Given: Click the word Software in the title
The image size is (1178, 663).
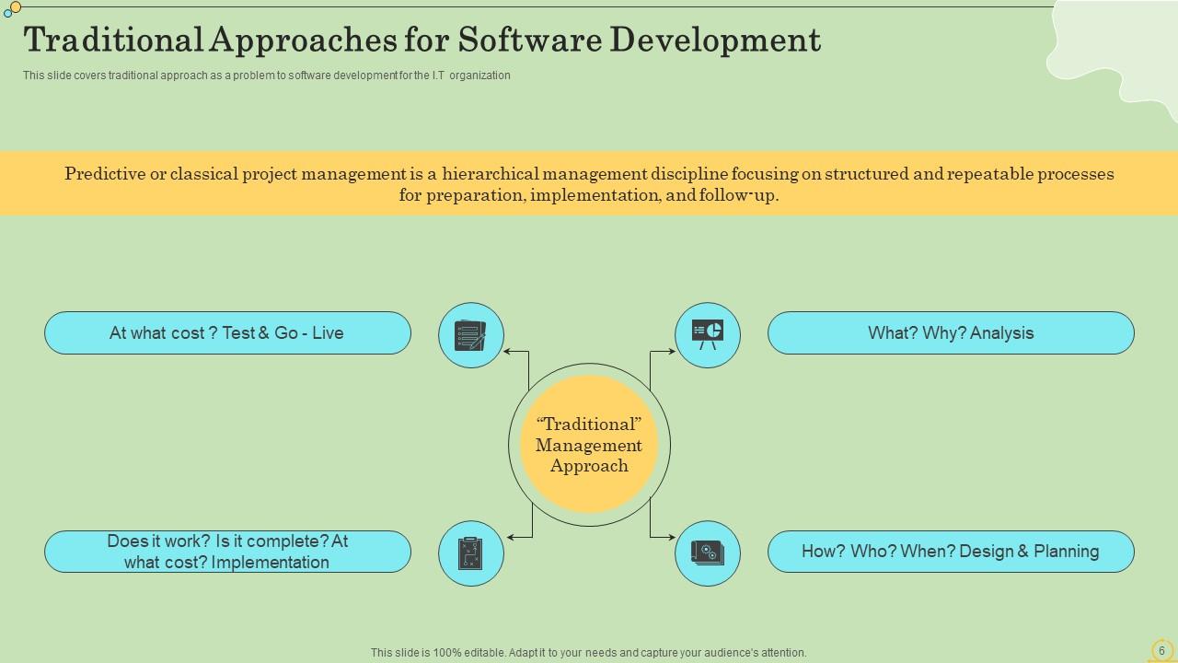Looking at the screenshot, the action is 529,40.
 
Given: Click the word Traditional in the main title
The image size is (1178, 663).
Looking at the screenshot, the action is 113,40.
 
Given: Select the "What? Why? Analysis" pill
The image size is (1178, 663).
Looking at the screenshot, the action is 951,332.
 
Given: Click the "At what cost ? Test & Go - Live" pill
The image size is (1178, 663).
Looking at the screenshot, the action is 227,332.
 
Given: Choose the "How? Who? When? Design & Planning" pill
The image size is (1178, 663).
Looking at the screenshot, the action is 951,552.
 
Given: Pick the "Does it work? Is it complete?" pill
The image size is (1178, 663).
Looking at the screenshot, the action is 227,552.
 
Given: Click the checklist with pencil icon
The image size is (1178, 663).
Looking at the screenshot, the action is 470,335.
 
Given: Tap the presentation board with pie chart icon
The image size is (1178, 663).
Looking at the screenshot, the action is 708,334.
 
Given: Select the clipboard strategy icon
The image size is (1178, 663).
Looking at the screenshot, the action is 470,553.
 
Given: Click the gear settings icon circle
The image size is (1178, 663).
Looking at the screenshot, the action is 708,553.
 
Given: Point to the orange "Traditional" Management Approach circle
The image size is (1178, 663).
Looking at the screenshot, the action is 589,445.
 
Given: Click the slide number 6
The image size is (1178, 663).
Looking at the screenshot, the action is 1161,650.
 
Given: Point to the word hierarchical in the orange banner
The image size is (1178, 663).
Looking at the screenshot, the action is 491,174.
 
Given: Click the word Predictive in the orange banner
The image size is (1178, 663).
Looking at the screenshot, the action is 105,174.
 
